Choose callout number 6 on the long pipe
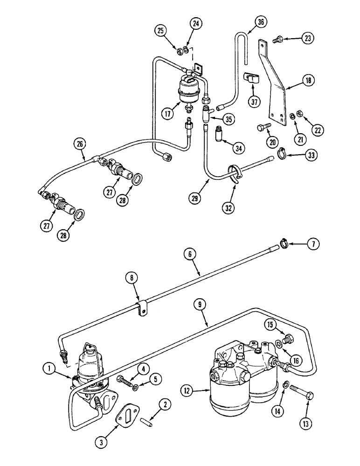[191, 254]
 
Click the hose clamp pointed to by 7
[284, 242]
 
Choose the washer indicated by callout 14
[287, 385]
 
